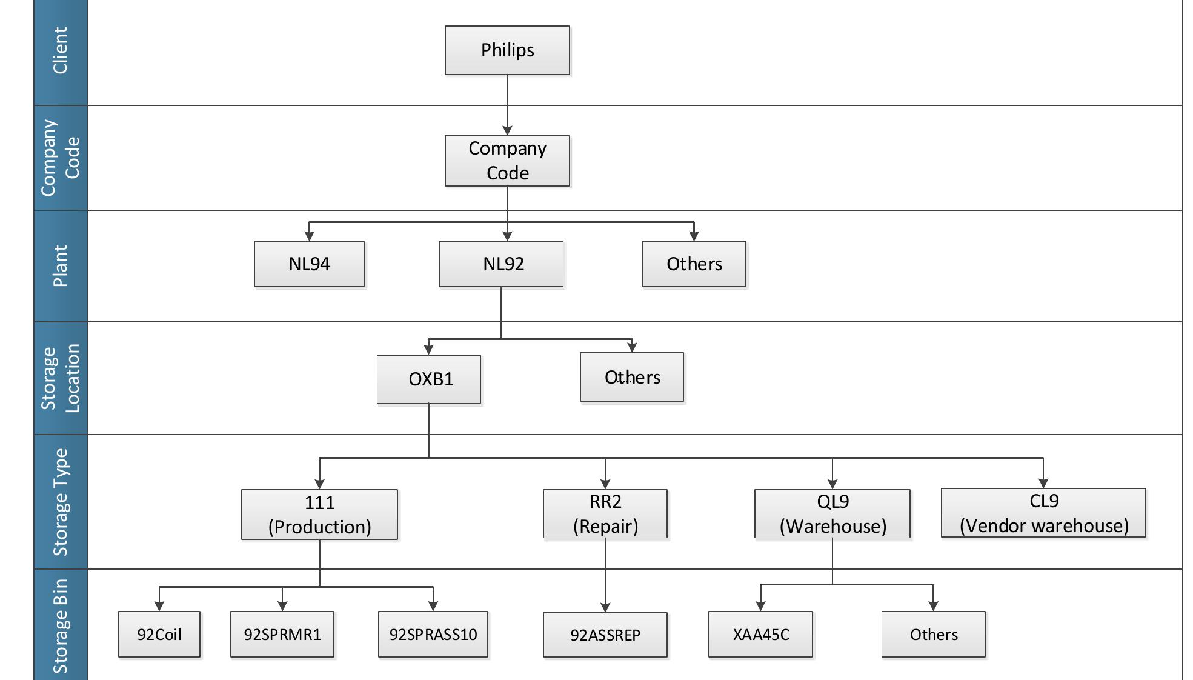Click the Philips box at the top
[507, 50]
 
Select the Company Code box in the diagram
[507, 161]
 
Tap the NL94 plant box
[309, 264]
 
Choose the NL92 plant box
[501, 264]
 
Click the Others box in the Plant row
[694, 264]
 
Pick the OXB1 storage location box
[429, 379]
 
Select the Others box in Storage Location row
[632, 377]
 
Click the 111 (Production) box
[319, 515]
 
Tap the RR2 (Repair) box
[605, 514]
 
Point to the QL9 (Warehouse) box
[832, 514]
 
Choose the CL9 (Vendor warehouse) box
[1043, 513]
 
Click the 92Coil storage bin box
[159, 634]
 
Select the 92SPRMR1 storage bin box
[282, 634]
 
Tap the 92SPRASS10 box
[433, 634]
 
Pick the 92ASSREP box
[605, 635]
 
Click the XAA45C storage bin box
[760, 634]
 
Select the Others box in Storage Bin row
[933, 634]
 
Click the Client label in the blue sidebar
[61, 51]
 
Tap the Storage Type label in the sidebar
[61, 502]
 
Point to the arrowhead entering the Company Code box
[507, 130]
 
